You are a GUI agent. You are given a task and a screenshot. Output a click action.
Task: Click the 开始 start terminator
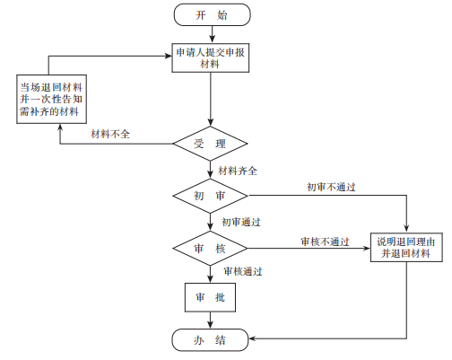click(x=212, y=14)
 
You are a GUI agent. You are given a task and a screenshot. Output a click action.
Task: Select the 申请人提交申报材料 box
click(x=211, y=58)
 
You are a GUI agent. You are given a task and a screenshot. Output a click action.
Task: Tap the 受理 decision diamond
click(x=211, y=144)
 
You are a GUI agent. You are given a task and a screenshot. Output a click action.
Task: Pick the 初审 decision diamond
click(x=211, y=196)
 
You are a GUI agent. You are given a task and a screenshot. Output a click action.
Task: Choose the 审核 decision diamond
click(x=210, y=248)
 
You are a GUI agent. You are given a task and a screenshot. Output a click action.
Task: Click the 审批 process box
click(x=210, y=297)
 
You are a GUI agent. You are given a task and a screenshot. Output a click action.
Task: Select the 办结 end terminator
click(x=210, y=339)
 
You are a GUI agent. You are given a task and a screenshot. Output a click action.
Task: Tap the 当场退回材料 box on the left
click(x=51, y=99)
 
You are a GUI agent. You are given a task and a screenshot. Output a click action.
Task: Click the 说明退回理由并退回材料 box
click(x=406, y=248)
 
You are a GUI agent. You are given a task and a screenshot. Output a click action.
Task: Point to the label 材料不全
click(x=110, y=134)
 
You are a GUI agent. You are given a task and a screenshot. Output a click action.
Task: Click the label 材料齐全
click(x=238, y=171)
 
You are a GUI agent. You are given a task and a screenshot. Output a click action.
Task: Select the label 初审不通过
click(x=331, y=187)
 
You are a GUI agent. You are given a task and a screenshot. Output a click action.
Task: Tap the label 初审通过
click(x=241, y=222)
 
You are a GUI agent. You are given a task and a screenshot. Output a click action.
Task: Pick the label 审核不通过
click(x=325, y=241)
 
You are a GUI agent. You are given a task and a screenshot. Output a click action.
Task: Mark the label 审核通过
click(x=243, y=271)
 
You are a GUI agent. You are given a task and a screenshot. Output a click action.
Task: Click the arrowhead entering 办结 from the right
click(x=252, y=338)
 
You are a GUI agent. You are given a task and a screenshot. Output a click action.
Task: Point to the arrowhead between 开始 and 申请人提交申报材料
click(x=212, y=40)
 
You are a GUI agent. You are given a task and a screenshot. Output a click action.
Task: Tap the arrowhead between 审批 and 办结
click(x=211, y=325)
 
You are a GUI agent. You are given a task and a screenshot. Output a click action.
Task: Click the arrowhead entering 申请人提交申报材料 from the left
click(x=169, y=56)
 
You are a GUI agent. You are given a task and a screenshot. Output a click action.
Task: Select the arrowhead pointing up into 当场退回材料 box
click(x=60, y=127)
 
